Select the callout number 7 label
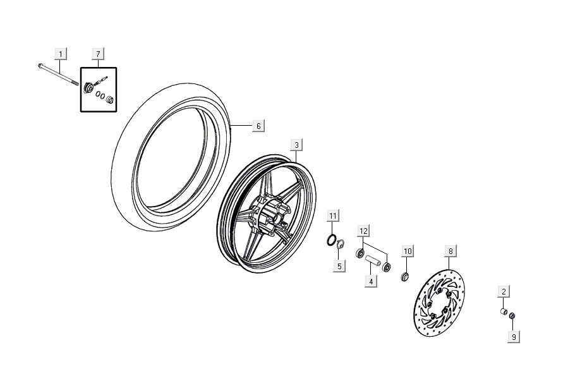coord(98,53)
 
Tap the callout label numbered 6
coord(257,126)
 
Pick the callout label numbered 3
coord(296,145)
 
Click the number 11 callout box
coord(333,217)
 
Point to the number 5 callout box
coord(339,266)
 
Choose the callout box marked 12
coord(363,231)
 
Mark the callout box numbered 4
coord(371,281)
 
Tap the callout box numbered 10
coord(408,252)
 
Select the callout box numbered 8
coord(450,252)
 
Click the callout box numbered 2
coord(504,291)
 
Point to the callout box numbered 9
coord(514,337)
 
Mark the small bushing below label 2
coord(504,312)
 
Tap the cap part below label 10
coord(405,277)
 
